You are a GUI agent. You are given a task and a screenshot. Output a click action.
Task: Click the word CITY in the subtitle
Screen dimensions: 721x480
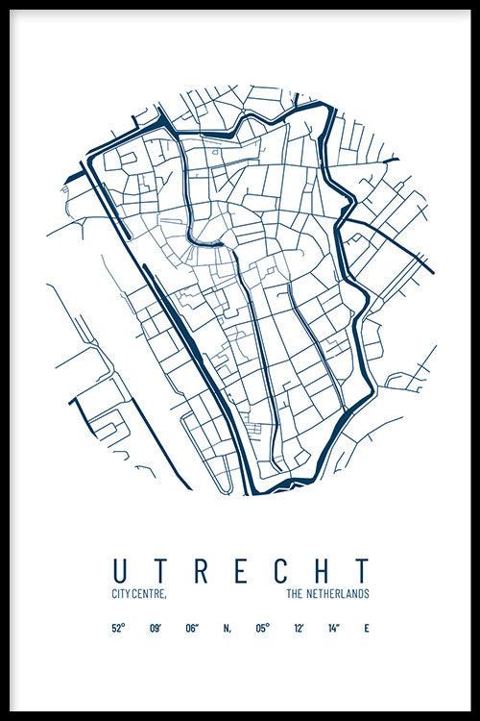[x=120, y=596]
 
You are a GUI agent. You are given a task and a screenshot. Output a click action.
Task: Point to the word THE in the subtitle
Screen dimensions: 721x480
[x=296, y=596]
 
